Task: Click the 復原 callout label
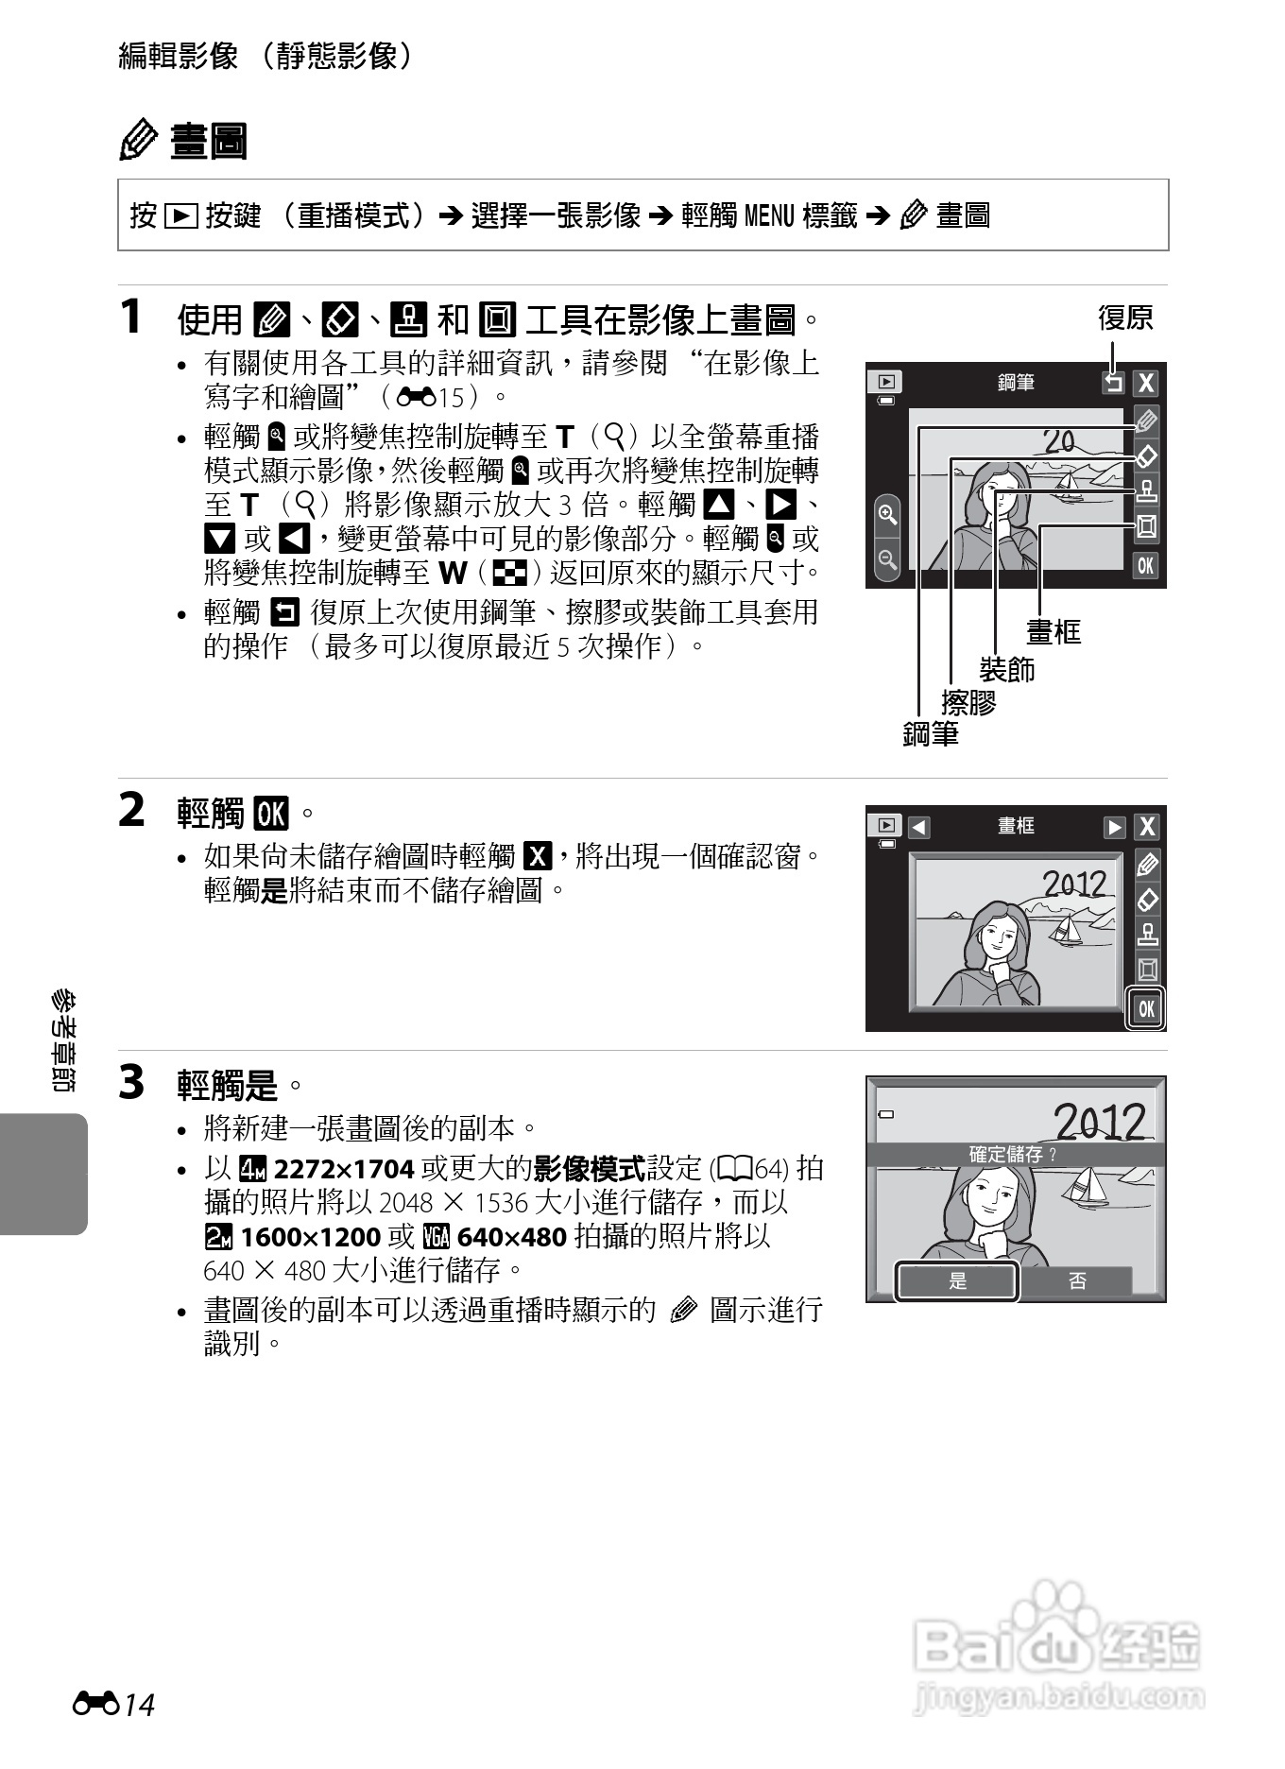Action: point(1124,318)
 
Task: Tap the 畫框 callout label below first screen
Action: point(1053,631)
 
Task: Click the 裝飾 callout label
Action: point(1007,669)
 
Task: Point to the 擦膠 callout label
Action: point(968,702)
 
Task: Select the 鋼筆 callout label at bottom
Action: point(931,733)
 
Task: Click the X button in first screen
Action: point(1146,383)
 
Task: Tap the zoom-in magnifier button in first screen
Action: point(887,515)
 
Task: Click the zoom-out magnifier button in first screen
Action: point(887,559)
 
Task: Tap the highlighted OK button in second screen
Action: point(1146,1008)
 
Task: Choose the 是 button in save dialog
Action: point(957,1281)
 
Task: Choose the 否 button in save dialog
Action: point(1077,1281)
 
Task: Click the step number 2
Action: point(132,810)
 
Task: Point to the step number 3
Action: point(132,1082)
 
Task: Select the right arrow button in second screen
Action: point(1115,827)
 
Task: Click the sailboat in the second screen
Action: point(1066,929)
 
